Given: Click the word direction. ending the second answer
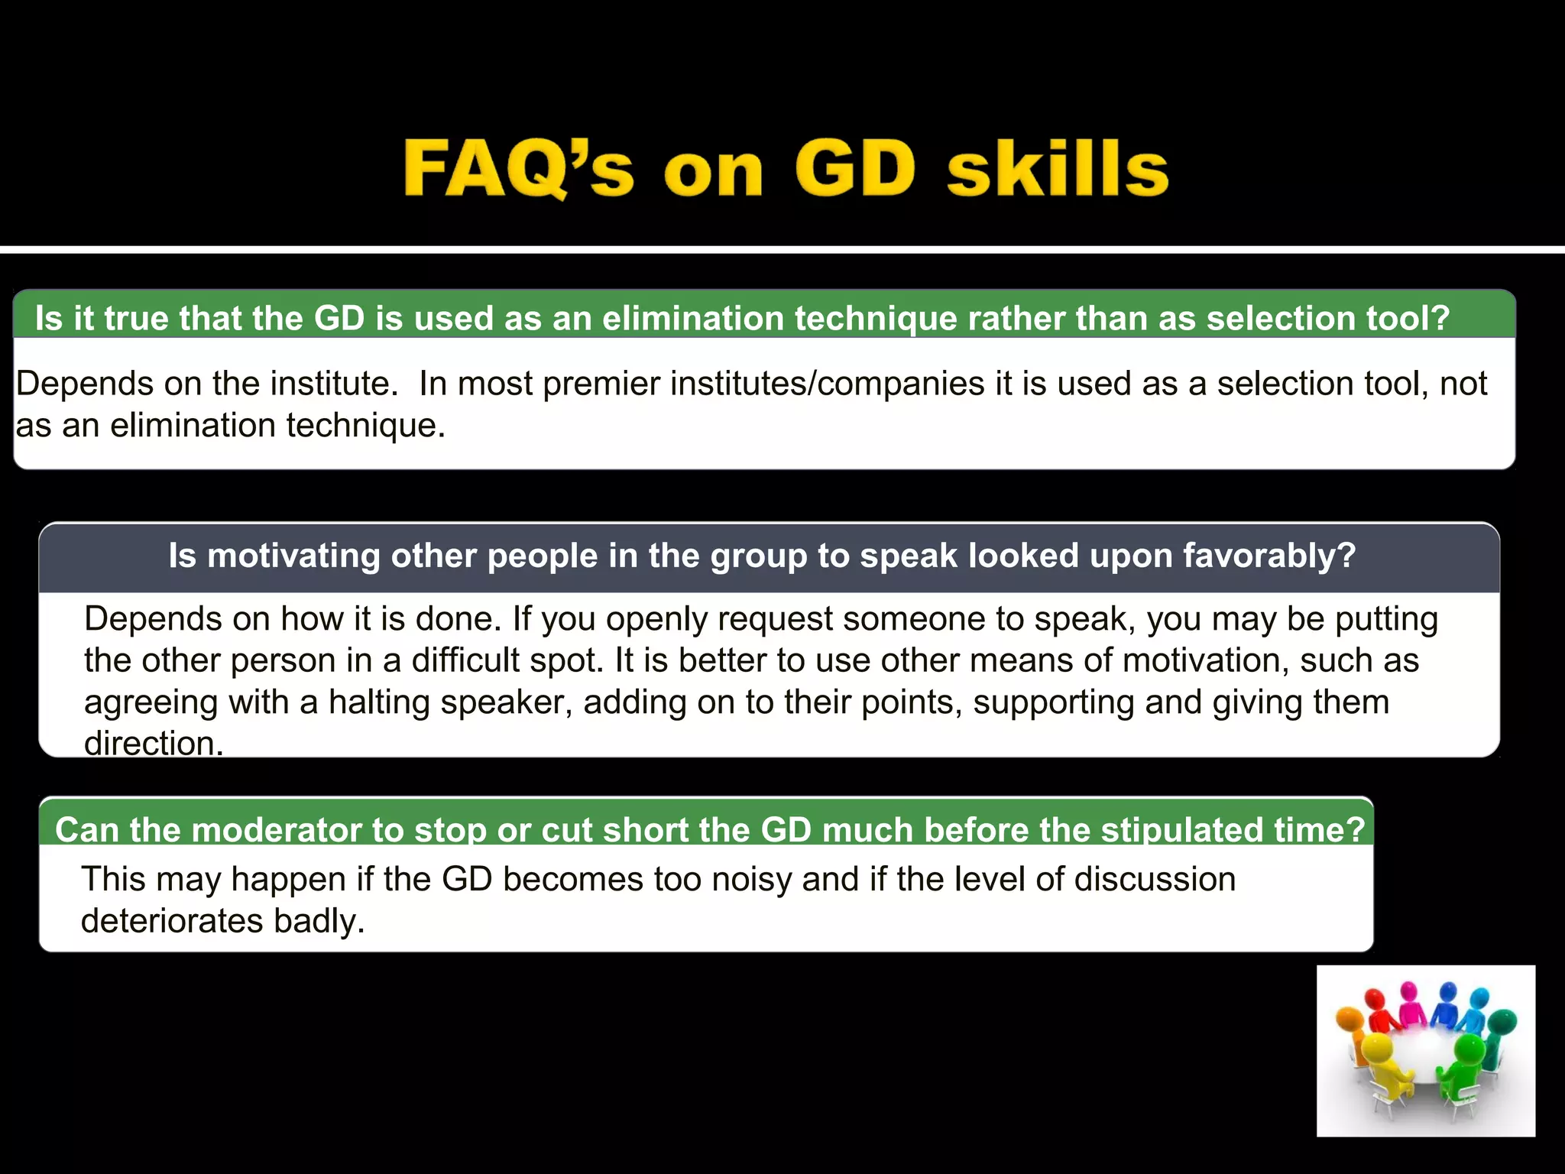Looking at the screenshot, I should pyautogui.click(x=154, y=744).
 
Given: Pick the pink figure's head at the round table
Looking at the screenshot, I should pyautogui.click(x=1409, y=994).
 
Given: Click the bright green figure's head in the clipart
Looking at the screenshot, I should pyautogui.click(x=1468, y=1046).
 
